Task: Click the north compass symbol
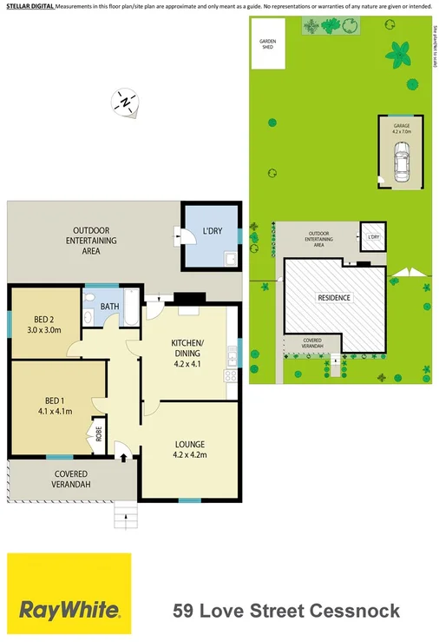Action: [126, 103]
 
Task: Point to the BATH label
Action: [109, 306]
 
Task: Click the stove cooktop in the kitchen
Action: [232, 375]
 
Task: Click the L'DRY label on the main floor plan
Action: [211, 230]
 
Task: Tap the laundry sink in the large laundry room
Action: [230, 259]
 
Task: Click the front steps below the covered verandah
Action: [127, 517]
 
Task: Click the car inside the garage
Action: [402, 162]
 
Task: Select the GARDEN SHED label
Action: [266, 45]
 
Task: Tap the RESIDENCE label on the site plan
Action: [334, 297]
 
